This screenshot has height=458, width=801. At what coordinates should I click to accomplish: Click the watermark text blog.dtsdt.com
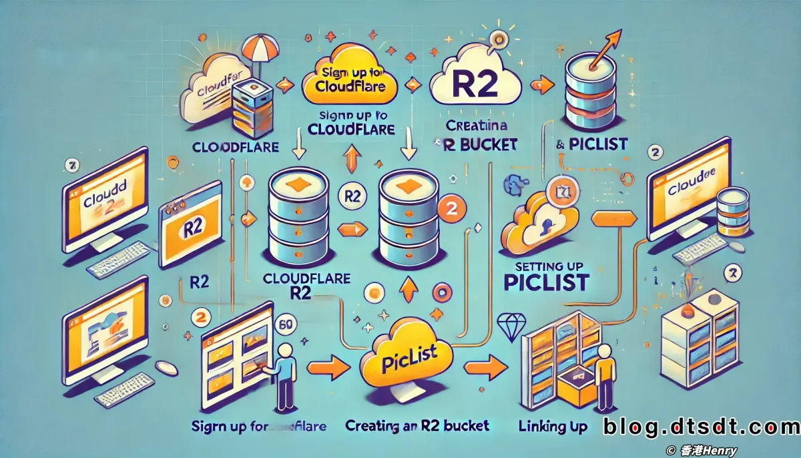(701, 427)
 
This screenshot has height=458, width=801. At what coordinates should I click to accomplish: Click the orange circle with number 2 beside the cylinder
(449, 208)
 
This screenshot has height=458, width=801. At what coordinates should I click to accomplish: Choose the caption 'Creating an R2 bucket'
(417, 426)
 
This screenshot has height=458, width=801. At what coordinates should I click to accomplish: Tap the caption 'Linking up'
(553, 426)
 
